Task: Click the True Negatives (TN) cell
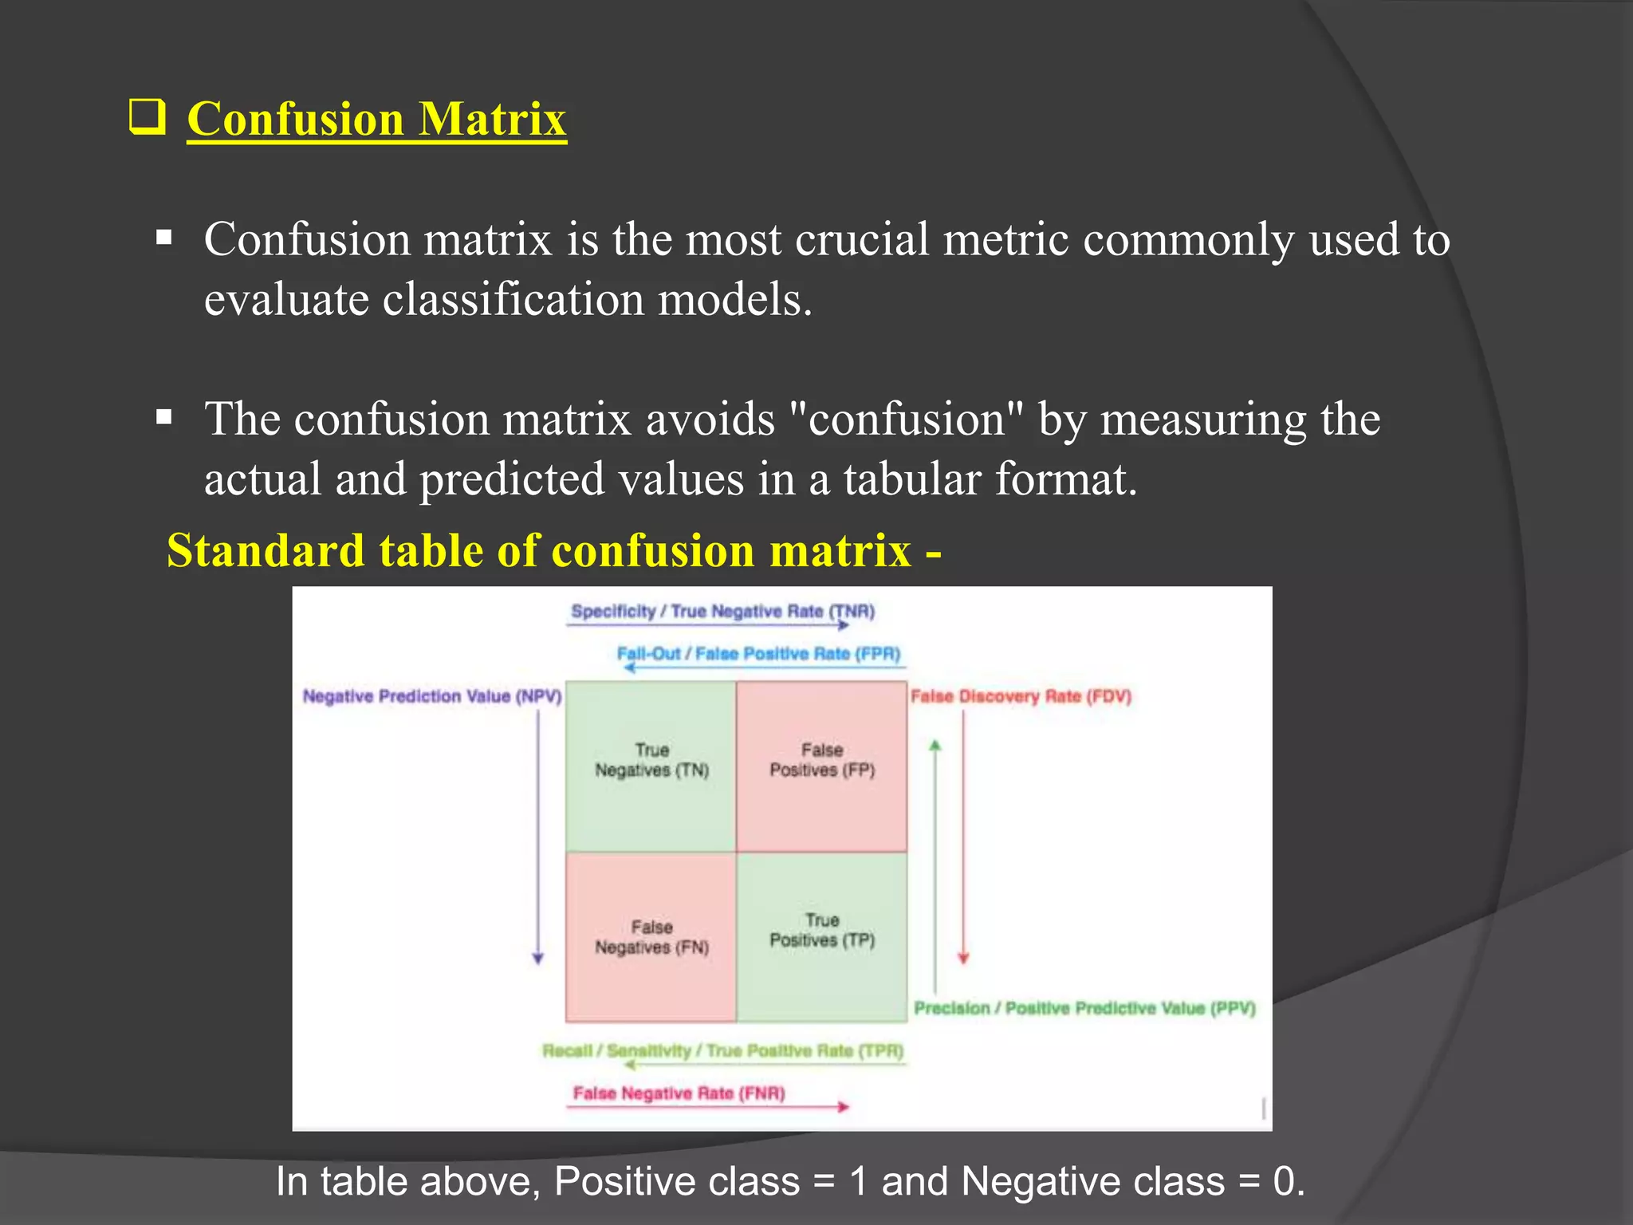[651, 766]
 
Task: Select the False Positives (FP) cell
[821, 766]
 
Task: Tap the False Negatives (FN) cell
[651, 938]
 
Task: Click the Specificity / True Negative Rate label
[722, 612]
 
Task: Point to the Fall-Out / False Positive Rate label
[758, 654]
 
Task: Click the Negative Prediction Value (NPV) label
[431, 696]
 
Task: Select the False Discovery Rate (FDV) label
[1021, 696]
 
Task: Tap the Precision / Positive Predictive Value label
[1084, 1008]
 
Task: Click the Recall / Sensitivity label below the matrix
[722, 1050]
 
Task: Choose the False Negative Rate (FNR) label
[679, 1093]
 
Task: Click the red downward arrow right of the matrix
[963, 837]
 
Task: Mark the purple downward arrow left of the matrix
[538, 837]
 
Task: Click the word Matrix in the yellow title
[493, 120]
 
